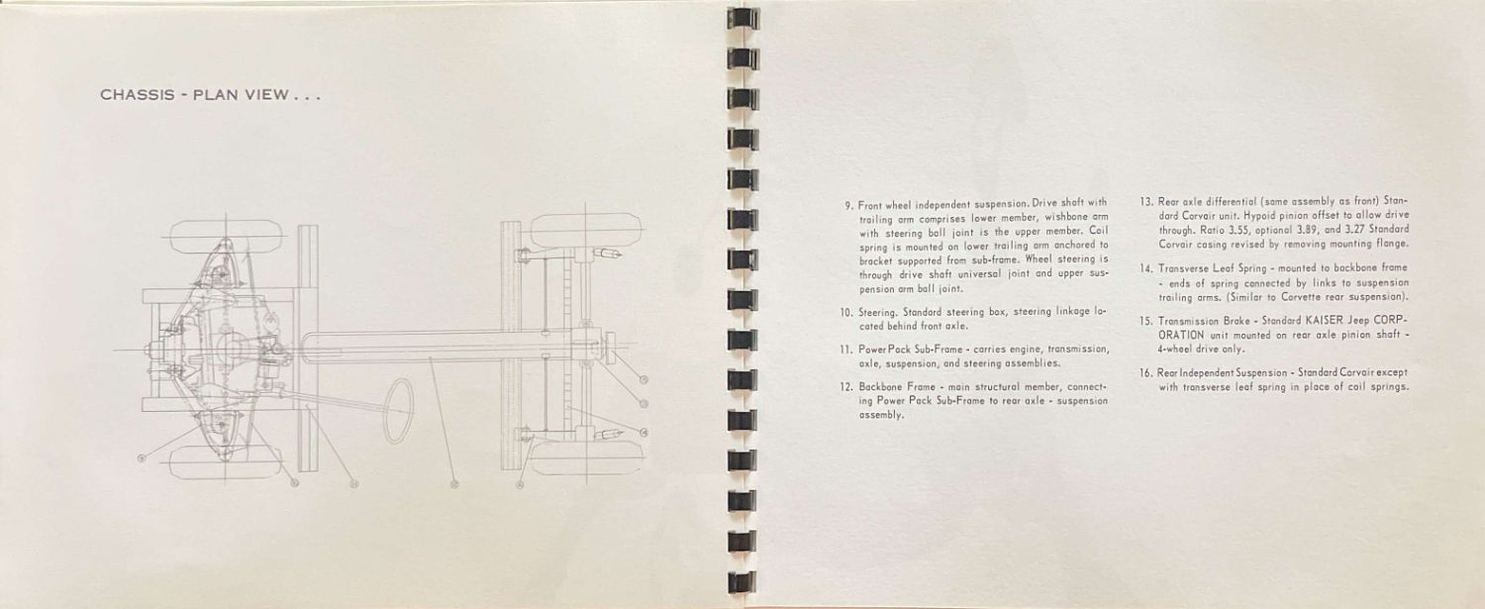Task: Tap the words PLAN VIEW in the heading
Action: [241, 95]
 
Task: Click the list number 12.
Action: [845, 387]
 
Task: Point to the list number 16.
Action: [1146, 373]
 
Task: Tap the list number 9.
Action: [848, 205]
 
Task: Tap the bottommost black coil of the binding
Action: [742, 582]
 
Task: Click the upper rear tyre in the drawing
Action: [587, 229]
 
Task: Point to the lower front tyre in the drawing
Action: [226, 461]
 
